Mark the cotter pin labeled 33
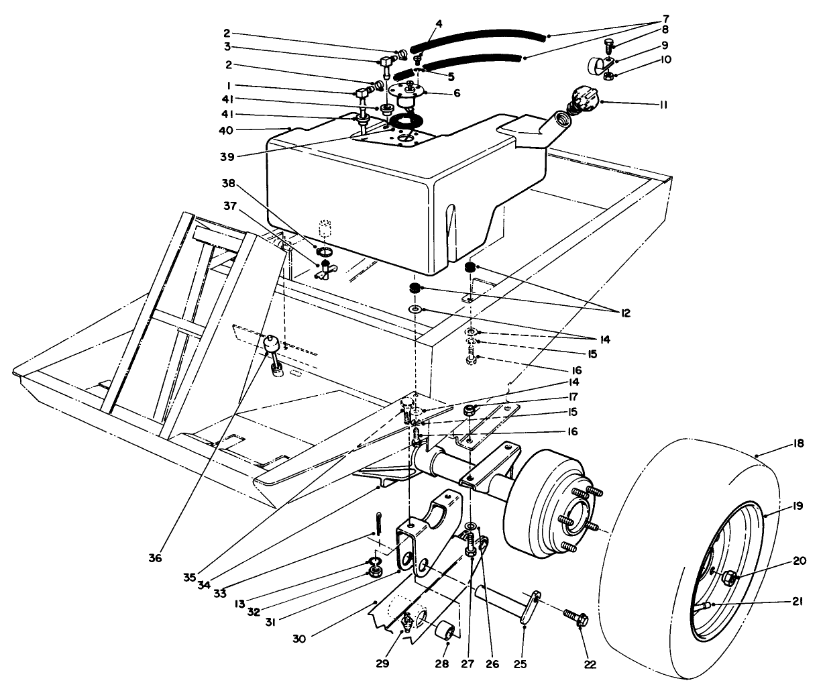(x=378, y=521)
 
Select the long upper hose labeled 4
(x=476, y=38)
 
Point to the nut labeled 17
(x=470, y=410)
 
